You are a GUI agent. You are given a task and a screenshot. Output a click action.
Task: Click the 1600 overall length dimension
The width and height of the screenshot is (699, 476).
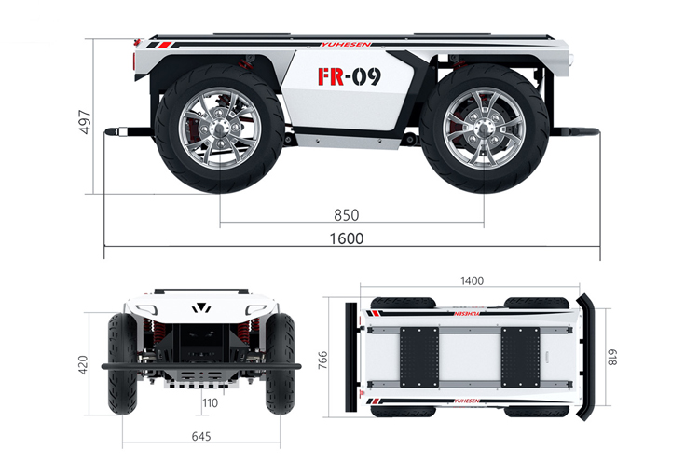[x=347, y=238]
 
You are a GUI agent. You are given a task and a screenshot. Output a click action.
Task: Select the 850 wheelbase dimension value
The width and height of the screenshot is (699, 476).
[x=347, y=215]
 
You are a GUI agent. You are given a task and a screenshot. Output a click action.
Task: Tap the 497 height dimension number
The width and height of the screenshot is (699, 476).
[x=85, y=122]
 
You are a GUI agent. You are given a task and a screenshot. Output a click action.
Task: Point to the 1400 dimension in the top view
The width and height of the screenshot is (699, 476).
[x=472, y=280]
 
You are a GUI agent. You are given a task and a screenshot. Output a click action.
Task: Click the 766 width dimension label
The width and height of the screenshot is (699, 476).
[x=322, y=360]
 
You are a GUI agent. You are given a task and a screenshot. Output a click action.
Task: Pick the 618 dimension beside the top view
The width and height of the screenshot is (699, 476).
[x=612, y=358]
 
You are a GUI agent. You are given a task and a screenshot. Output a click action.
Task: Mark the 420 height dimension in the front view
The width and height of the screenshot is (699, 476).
[x=83, y=365]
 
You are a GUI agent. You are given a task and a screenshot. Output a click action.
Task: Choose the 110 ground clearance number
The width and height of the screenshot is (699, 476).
[x=211, y=403]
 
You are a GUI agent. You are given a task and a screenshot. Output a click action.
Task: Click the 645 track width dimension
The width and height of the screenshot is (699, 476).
[x=201, y=436]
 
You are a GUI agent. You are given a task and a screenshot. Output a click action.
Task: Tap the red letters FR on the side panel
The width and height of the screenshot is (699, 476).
[x=330, y=76]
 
